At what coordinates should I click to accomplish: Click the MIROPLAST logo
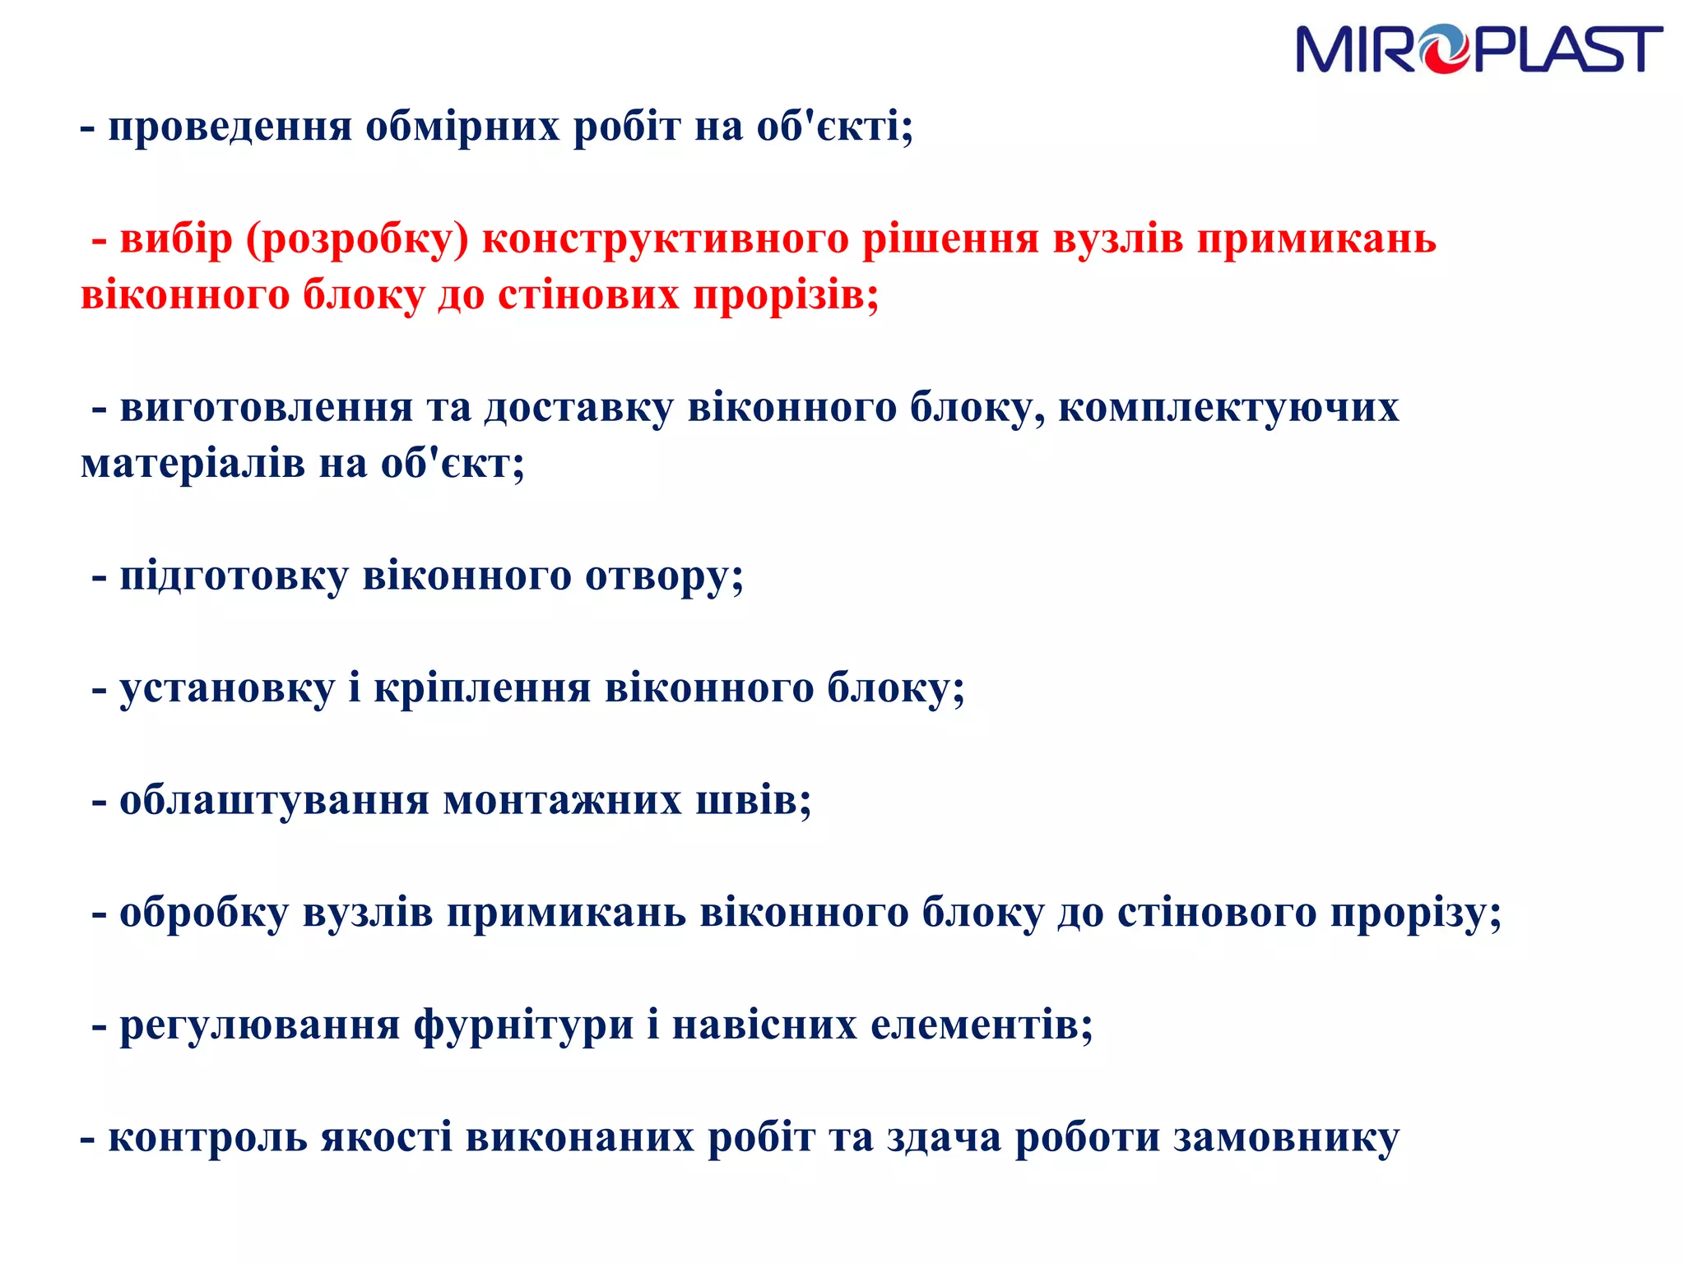[x=1478, y=49]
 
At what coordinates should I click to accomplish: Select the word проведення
[x=230, y=127]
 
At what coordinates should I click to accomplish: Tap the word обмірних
[x=462, y=127]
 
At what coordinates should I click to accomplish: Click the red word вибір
[x=176, y=239]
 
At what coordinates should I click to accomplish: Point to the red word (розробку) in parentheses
[x=357, y=239]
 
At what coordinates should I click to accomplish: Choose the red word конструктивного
[x=665, y=239]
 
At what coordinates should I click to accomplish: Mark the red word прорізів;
[x=786, y=295]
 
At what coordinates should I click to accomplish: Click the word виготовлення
[x=266, y=408]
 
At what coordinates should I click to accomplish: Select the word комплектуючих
[x=1228, y=408]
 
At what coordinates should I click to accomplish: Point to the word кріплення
[x=482, y=688]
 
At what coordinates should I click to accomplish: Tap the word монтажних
[x=563, y=800]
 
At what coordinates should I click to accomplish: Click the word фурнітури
[x=523, y=1025]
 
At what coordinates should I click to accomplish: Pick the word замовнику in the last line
[x=1286, y=1138]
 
